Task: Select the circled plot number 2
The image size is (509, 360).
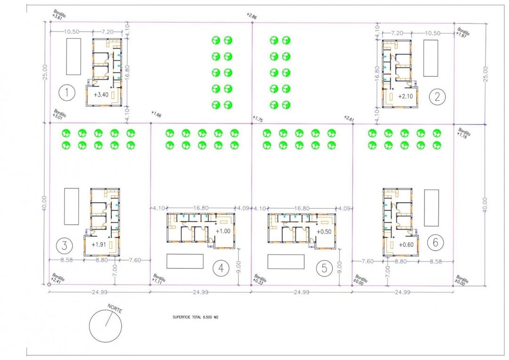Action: pos(437,97)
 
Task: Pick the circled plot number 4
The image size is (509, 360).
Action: pos(221,268)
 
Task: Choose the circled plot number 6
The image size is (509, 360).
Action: pos(435,243)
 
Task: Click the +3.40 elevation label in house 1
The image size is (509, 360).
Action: pos(101,95)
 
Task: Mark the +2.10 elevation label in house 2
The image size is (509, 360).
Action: pos(405,97)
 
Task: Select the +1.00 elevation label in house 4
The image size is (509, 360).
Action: pos(223,231)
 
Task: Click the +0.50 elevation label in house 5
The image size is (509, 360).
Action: pos(324,232)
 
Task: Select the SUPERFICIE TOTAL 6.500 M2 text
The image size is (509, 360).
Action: pos(196,318)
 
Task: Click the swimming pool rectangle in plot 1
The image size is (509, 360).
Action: pos(73,57)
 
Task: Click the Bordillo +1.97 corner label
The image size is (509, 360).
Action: pos(464,31)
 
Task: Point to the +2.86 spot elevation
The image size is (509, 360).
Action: pos(252,16)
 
